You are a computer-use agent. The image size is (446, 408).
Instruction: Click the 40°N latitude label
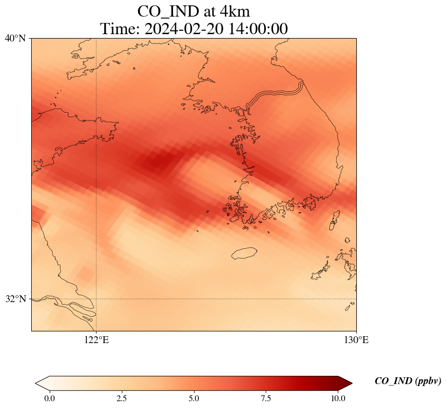pos(15,38)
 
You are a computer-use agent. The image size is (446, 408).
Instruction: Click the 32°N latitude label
pos(15,299)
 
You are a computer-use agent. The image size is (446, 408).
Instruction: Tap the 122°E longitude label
pos(97,340)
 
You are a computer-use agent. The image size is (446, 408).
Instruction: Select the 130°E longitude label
pos(356,340)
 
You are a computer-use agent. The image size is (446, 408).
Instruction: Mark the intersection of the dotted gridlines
pos(97,299)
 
